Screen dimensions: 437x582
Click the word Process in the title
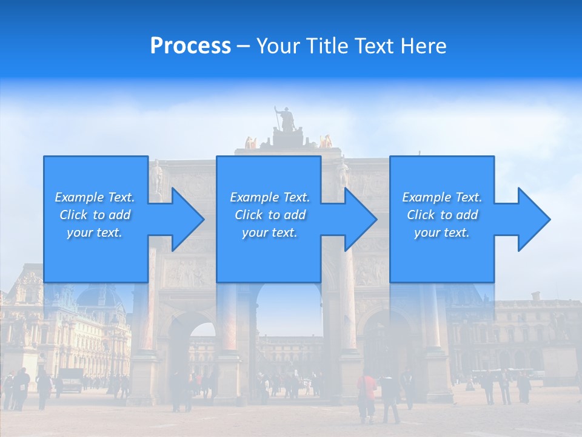coord(190,46)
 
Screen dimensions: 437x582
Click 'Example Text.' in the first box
coord(95,197)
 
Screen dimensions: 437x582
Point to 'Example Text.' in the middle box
coord(270,197)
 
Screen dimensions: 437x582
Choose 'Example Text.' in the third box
coord(442,197)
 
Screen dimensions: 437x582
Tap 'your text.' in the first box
coord(95,232)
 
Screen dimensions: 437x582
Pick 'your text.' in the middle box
coord(270,232)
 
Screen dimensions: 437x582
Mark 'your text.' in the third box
coord(442,232)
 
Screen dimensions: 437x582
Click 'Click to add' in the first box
coord(95,215)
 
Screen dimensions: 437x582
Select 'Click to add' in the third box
coord(442,215)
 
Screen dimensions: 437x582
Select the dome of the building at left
coord(101,297)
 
